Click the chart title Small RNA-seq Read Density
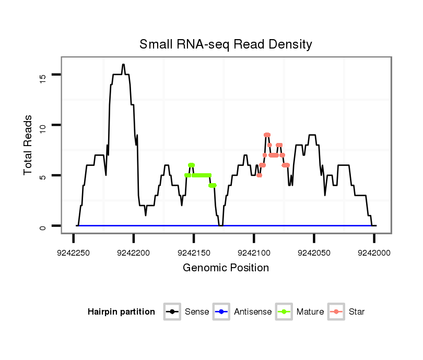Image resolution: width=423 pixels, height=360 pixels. pyautogui.click(x=226, y=44)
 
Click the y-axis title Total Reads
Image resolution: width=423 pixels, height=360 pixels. pyautogui.click(x=28, y=145)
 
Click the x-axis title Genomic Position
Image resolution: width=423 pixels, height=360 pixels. pyautogui.click(x=226, y=268)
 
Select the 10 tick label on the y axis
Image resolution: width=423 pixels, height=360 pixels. pyautogui.click(x=43, y=125)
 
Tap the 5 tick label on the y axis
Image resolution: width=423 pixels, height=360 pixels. pyautogui.click(x=43, y=176)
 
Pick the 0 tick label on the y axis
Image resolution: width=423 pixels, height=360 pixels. pyautogui.click(x=43, y=226)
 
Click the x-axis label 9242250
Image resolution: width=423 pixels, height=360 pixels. pyautogui.click(x=73, y=253)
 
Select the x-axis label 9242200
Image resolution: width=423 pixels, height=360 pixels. pyautogui.click(x=134, y=253)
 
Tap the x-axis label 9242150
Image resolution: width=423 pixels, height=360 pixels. pyautogui.click(x=194, y=253)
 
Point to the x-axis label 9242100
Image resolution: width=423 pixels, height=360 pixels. pyautogui.click(x=254, y=253)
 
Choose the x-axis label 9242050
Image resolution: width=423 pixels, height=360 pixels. pyautogui.click(x=314, y=253)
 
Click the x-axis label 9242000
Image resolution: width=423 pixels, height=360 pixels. pyautogui.click(x=374, y=253)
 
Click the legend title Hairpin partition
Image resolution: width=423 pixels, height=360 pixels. pyautogui.click(x=121, y=312)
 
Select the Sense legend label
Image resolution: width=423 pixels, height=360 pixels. pyautogui.click(x=197, y=312)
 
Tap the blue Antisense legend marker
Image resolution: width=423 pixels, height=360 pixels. pyautogui.click(x=221, y=312)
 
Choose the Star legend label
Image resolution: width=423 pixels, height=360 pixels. pyautogui.click(x=357, y=312)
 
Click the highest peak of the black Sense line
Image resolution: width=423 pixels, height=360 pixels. pyautogui.click(x=123, y=65)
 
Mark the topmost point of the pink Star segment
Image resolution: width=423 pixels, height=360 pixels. pyautogui.click(x=267, y=135)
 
